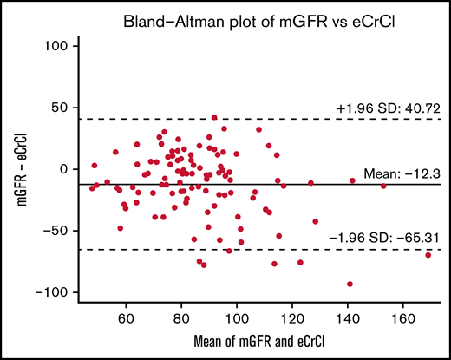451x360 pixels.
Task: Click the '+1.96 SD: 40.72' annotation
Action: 389,108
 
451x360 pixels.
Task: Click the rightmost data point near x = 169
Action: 428,255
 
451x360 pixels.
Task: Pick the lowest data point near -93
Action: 350,284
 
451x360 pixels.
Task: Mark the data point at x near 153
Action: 383,186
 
